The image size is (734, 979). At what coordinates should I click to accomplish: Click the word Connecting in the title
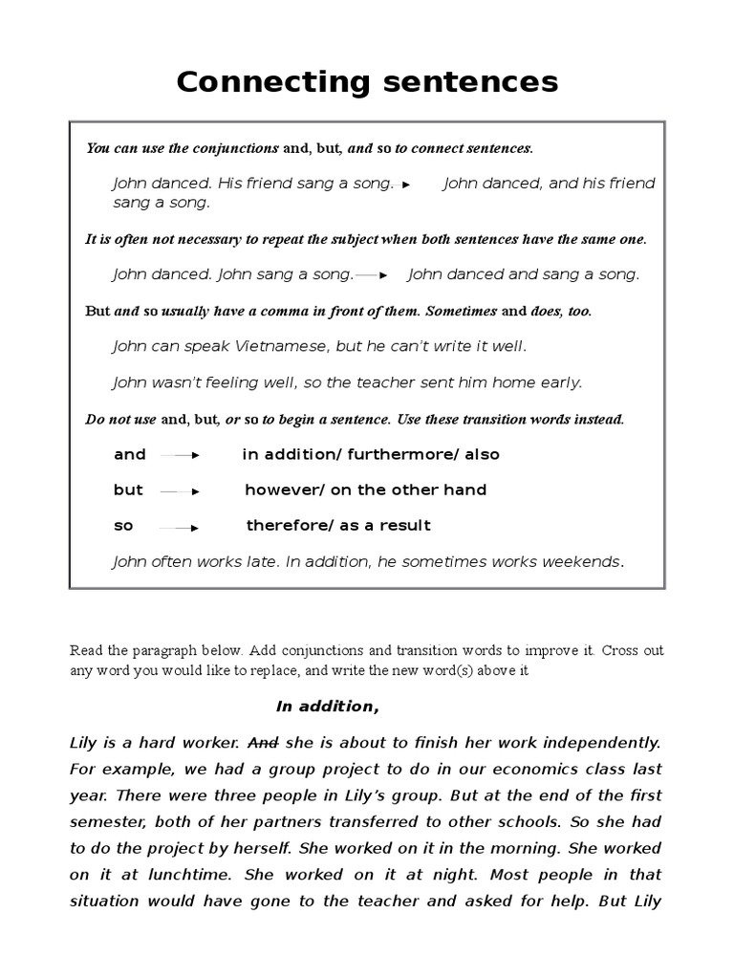[x=270, y=82]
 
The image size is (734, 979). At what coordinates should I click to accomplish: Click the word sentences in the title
[x=465, y=82]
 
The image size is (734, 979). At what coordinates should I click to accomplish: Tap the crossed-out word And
[x=264, y=742]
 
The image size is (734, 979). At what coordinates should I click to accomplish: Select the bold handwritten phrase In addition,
[x=328, y=707]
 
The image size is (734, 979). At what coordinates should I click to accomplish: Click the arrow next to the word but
[x=180, y=491]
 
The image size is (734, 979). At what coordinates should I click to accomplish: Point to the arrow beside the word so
[x=179, y=527]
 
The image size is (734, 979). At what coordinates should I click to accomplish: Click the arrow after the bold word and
[x=179, y=456]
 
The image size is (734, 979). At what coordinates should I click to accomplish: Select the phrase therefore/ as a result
[x=338, y=526]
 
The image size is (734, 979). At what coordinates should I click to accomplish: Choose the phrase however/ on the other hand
[x=366, y=490]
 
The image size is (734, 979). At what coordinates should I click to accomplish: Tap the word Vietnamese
[x=271, y=346]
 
